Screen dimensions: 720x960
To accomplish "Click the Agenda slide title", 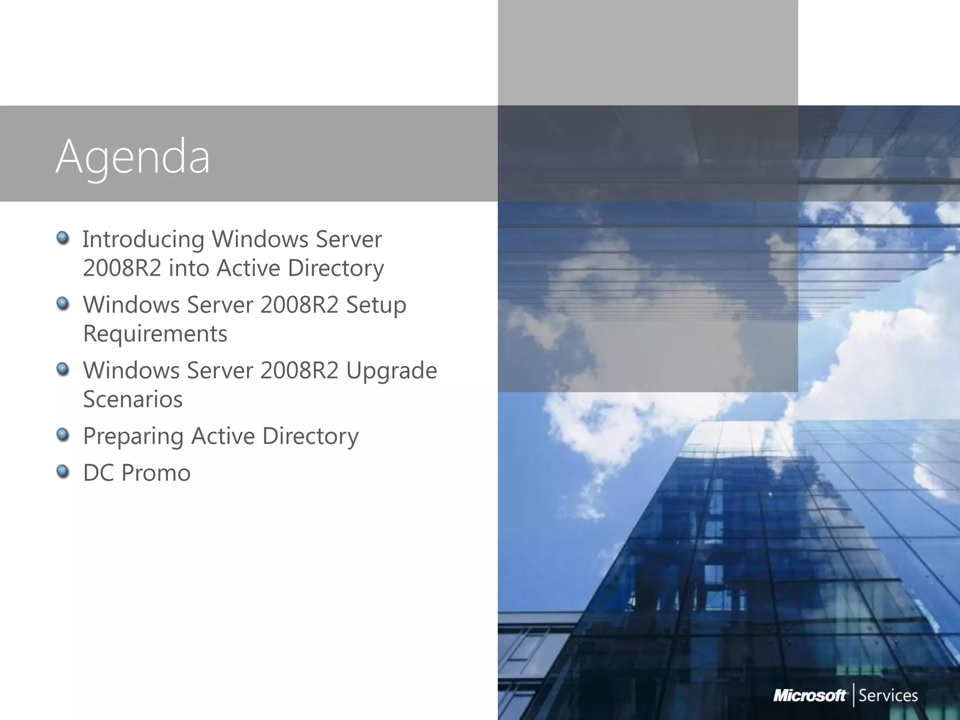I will [133, 157].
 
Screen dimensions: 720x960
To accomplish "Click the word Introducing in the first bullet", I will [143, 240].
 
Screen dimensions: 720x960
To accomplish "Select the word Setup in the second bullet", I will [376, 305].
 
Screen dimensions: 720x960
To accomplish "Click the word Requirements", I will [155, 334].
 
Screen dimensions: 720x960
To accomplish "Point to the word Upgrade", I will [391, 371].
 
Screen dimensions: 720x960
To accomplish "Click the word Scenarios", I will [133, 399].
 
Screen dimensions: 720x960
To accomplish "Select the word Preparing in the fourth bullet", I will [133, 436].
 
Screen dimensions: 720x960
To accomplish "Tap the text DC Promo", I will [137, 472].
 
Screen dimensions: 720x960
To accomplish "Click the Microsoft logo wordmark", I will [810, 695].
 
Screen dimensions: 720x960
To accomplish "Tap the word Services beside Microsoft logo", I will [888, 695].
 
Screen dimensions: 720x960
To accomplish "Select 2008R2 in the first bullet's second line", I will [122, 268].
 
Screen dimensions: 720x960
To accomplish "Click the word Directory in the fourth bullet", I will [310, 436].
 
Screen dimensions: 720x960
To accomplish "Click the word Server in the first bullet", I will [349, 240].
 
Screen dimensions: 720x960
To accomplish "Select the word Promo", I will [156, 472].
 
